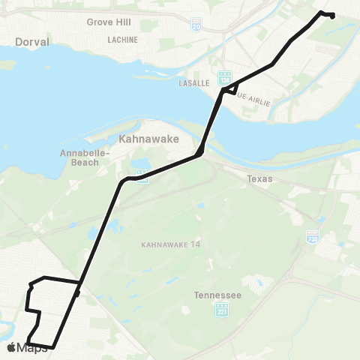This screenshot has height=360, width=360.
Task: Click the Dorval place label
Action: pyautogui.click(x=31, y=43)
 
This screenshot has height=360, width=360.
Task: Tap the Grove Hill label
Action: pyautogui.click(x=109, y=22)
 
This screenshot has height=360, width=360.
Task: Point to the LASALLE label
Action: pyautogui.click(x=193, y=84)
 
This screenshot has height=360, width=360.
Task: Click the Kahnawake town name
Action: pyautogui.click(x=144, y=139)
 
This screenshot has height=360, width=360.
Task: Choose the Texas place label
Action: pyautogui.click(x=260, y=179)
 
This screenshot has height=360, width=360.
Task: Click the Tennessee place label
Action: pyautogui.click(x=217, y=295)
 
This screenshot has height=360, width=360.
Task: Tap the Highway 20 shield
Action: pyautogui.click(x=196, y=25)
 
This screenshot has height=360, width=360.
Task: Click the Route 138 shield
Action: pyautogui.click(x=224, y=77)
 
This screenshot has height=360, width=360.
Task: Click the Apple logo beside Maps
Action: pyautogui.click(x=10, y=347)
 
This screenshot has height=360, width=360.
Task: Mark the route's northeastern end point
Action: pyautogui.click(x=331, y=16)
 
